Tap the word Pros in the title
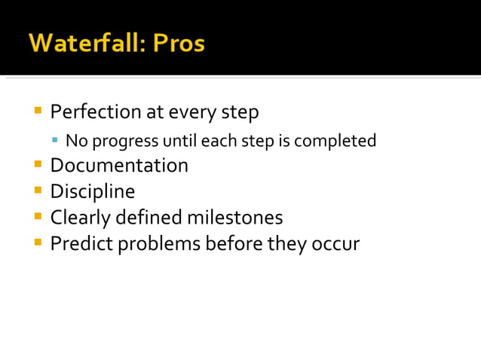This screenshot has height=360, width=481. [178, 43]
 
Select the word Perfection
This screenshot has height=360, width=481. [96, 112]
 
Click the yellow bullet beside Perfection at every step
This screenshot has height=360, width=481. [38, 111]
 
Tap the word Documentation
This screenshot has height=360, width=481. [119, 165]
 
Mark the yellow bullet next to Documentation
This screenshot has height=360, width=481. [38, 163]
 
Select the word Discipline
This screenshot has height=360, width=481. [93, 191]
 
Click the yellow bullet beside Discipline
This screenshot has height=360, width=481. [38, 190]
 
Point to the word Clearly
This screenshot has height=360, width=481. [80, 218]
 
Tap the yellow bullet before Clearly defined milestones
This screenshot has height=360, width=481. [38, 216]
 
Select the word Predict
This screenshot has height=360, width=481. [78, 244]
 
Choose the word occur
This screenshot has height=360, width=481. [337, 244]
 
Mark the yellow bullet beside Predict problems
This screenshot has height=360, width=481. [38, 243]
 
